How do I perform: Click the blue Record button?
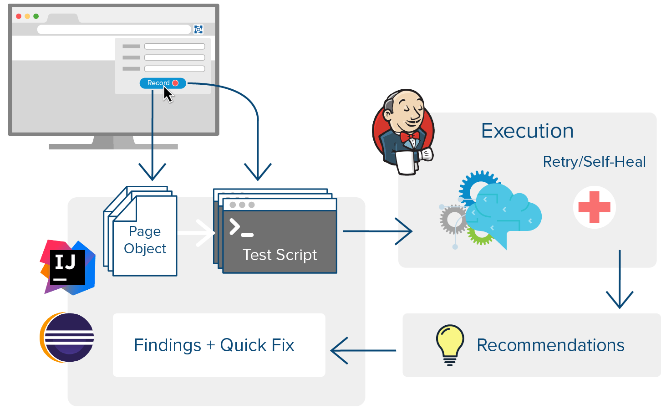163,83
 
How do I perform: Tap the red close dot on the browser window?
19,16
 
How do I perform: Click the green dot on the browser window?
36,16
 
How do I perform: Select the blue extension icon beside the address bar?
198,29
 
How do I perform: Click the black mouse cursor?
168,94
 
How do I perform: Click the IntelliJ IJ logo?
67,267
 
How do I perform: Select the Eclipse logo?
67,337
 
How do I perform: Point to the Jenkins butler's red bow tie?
409,137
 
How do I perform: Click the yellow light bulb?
450,345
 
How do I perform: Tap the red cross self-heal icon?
595,207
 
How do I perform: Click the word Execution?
527,131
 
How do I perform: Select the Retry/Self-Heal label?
595,162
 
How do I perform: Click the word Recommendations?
551,345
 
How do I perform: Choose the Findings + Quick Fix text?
214,345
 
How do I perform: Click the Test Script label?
280,255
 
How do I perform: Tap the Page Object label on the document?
145,240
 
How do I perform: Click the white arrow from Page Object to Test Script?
196,233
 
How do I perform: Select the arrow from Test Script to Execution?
378,231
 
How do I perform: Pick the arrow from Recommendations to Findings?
363,351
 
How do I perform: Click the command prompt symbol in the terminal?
241,227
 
